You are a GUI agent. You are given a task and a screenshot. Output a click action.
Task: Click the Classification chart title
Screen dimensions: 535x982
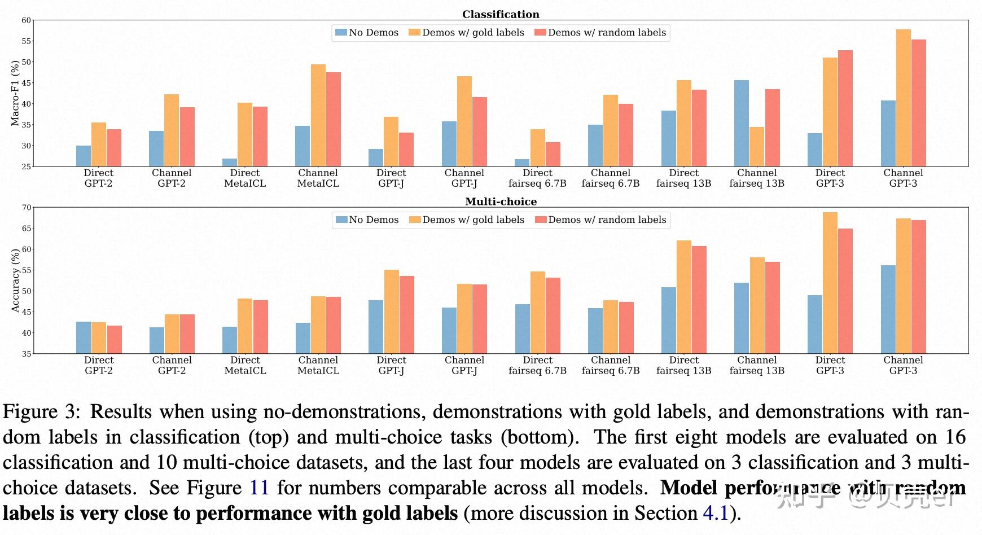501,14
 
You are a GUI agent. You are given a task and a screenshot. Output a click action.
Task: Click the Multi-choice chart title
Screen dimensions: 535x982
501,201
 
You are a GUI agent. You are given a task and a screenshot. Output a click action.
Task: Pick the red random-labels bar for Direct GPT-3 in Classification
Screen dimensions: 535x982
845,108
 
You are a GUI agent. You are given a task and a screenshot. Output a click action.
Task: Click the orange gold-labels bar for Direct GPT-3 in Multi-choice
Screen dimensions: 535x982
830,283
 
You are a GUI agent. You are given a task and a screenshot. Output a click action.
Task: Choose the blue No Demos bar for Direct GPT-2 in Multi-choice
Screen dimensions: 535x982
84,337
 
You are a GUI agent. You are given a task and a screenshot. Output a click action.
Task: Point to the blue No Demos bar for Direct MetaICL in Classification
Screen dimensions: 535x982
230,163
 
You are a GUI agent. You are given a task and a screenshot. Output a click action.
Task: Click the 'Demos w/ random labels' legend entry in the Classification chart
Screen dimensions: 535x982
600,33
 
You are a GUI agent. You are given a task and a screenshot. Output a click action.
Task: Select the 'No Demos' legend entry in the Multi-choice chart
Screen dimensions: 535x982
367,220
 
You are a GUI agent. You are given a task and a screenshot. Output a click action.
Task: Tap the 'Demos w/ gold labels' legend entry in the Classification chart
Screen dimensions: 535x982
467,33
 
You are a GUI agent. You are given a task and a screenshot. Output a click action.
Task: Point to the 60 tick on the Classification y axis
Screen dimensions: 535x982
27,20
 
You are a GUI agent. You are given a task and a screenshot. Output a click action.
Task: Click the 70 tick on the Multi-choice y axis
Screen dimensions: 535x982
27,208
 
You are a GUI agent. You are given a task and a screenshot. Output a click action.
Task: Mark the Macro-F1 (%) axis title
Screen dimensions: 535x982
15,93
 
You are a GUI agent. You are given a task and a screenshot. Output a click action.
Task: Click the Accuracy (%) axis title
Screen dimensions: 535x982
15,280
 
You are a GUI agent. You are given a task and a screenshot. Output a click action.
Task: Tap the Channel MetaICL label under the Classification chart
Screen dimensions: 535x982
318,178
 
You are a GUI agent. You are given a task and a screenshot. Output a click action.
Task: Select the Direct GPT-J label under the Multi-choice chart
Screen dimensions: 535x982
391,366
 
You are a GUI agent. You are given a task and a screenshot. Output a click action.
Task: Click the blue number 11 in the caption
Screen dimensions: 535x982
259,488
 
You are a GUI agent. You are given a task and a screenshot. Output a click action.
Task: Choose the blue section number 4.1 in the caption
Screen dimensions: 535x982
716,513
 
